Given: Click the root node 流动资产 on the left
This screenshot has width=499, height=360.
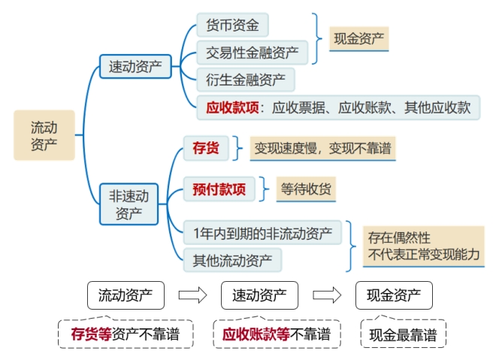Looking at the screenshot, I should click(44, 135).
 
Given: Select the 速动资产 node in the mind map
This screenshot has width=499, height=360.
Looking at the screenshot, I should click(135, 66).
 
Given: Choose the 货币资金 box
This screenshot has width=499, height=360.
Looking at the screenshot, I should click(232, 25).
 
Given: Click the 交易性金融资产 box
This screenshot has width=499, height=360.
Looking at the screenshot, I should click(252, 53).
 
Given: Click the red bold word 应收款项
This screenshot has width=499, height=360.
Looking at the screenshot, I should click(232, 107).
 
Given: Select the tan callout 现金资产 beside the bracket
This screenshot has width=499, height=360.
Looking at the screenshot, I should click(359, 38).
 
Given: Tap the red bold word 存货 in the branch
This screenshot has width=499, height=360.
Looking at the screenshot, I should click(205, 148).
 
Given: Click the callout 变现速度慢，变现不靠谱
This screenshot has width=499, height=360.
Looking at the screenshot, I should click(323, 148).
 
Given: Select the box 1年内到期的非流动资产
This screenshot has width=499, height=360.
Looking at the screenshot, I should click(262, 233).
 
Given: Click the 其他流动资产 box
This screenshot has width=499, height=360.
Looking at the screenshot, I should click(232, 260).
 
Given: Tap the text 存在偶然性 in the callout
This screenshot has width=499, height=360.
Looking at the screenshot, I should click(399, 237).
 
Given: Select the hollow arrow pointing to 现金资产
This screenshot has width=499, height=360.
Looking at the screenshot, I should click(326, 295).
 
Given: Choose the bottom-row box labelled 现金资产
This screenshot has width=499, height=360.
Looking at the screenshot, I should click(394, 295).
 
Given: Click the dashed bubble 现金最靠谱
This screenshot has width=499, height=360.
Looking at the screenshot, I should click(403, 334).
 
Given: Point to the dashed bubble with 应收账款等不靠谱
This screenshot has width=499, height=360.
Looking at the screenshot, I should click(271, 334).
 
